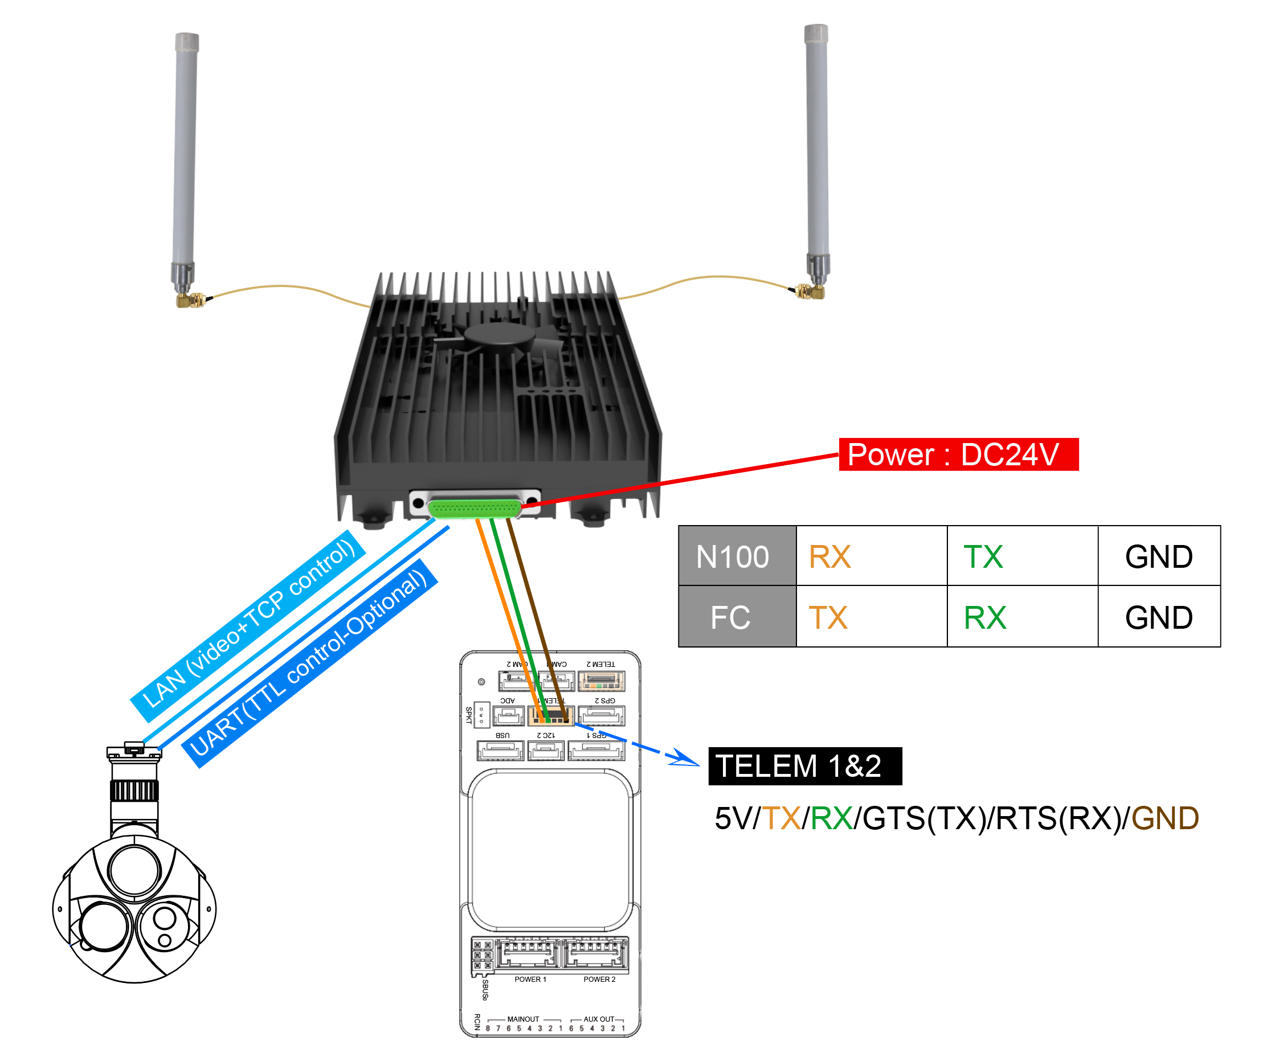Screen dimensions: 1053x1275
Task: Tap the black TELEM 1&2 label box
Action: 804,765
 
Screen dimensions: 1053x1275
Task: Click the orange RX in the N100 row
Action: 829,556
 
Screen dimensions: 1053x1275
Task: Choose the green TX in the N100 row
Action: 983,556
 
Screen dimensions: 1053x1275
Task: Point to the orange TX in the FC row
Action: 828,617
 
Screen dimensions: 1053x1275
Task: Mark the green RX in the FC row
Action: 984,617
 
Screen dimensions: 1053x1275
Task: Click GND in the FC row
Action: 1158,617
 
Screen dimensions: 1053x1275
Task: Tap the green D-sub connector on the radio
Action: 474,507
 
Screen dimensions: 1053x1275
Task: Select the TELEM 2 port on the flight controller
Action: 601,681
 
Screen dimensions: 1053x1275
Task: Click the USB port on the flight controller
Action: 500,751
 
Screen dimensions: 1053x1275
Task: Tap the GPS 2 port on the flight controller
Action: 601,715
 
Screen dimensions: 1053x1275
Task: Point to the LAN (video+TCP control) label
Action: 248,625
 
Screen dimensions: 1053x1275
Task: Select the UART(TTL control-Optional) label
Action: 309,663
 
